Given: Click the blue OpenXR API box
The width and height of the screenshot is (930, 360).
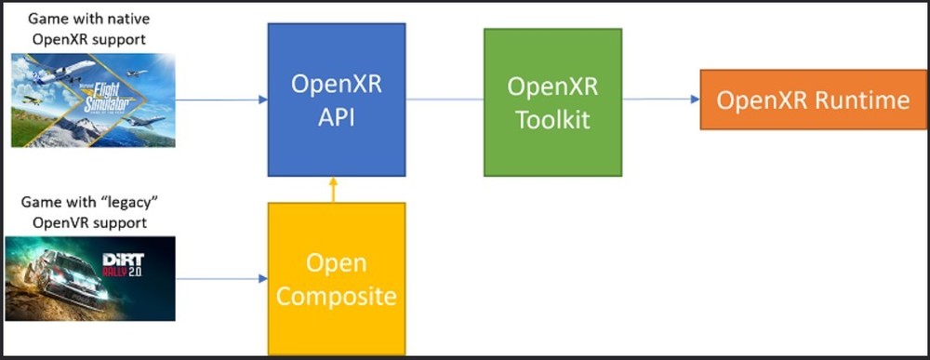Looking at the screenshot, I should point(336,100).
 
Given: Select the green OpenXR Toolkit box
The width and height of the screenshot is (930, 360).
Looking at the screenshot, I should point(552,102).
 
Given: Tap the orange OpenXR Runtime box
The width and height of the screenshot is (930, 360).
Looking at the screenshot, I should point(814,100).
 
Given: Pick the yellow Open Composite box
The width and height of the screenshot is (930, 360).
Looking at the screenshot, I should point(336,279).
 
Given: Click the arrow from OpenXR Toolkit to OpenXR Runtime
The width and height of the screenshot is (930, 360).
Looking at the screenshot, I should point(660,99).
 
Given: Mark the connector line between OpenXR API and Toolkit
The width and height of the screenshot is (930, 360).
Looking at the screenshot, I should point(445,99).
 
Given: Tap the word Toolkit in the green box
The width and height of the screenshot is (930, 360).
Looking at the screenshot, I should point(552,120).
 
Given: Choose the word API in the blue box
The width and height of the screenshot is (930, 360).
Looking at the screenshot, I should point(336,118).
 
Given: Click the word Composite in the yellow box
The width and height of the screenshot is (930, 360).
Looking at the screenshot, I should point(336,297).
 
